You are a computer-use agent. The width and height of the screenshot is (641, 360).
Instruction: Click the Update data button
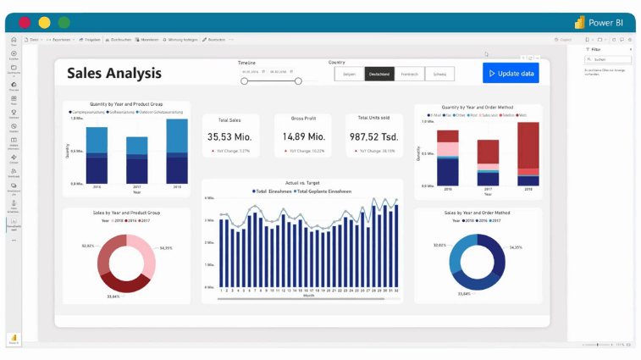pyautogui.click(x=511, y=74)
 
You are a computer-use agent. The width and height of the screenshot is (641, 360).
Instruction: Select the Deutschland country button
pyautogui.click(x=380, y=75)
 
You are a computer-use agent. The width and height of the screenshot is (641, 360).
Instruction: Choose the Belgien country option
pyautogui.click(x=349, y=75)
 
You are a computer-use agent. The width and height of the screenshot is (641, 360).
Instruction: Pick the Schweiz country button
pyautogui.click(x=439, y=75)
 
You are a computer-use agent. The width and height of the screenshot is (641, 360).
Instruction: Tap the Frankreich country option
pyautogui.click(x=410, y=75)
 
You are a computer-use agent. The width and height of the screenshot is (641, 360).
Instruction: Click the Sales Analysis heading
pyautogui.click(x=114, y=73)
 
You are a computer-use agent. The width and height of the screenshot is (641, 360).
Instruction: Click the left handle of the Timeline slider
pyautogui.click(x=245, y=81)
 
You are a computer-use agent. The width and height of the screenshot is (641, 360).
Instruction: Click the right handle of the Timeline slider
pyautogui.click(x=298, y=81)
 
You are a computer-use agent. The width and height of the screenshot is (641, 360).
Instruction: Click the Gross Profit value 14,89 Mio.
pyautogui.click(x=303, y=136)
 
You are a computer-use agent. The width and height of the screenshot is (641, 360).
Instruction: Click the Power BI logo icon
pyautogui.click(x=580, y=22)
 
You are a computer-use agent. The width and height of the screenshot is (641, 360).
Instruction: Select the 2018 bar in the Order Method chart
pyautogui.click(x=528, y=154)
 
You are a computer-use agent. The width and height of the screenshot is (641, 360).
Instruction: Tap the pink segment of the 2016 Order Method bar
pyautogui.click(x=448, y=150)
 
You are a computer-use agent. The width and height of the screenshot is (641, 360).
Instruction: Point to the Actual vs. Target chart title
pyautogui.click(x=302, y=183)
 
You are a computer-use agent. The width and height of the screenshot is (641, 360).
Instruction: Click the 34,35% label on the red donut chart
pyautogui.click(x=166, y=248)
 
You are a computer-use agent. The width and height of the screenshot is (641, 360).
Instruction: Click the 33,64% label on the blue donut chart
pyautogui.click(x=464, y=294)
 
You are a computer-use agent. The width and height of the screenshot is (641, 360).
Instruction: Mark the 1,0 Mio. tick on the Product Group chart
pyautogui.click(x=76, y=119)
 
